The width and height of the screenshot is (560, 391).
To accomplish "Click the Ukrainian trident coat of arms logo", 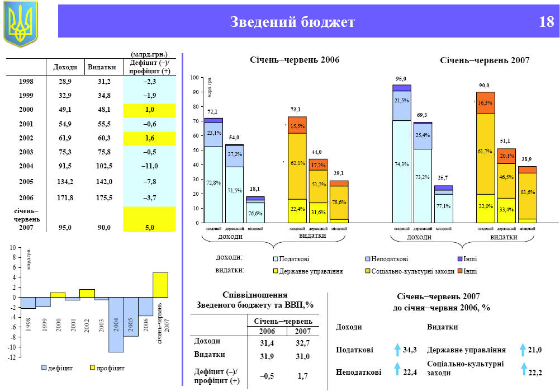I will point(20,23).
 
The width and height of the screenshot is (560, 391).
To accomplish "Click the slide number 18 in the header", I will point(546,22).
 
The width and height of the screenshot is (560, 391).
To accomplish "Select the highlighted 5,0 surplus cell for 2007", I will point(149,228).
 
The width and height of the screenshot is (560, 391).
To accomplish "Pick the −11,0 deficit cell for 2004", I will point(149,166).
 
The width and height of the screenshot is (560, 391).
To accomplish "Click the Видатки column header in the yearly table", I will point(102,67).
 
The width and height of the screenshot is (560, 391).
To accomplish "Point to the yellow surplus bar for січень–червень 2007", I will point(160,285).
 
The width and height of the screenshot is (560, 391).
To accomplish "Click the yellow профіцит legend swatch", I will point(93,368).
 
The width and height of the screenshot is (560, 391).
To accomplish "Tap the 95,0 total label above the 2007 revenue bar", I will point(401,79).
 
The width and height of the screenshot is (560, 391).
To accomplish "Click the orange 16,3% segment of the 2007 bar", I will point(485,103).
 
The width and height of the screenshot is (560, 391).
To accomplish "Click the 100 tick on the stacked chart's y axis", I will point(194,77).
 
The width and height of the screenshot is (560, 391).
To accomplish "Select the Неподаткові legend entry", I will point(386,259).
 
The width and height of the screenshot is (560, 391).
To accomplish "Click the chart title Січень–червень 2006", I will point(295,59).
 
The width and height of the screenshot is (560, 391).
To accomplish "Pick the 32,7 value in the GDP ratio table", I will point(302,342).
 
